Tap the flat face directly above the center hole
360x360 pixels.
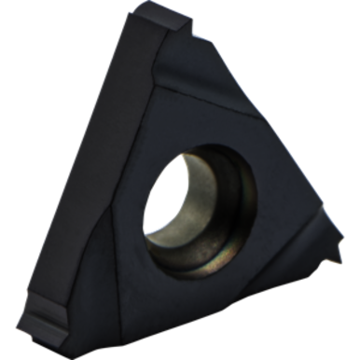tap(187, 103)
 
